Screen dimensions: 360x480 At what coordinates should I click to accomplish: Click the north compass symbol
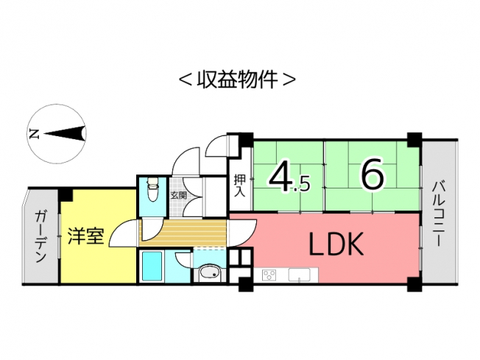pos(57,133)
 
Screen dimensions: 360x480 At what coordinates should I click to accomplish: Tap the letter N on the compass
pos(33,134)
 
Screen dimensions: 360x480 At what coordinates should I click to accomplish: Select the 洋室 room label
pos(86,236)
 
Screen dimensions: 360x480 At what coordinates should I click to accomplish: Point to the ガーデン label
pos(41,237)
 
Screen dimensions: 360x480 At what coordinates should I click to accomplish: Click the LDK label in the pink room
pos(335,244)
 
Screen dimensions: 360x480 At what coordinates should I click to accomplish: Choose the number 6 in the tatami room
pos(372,175)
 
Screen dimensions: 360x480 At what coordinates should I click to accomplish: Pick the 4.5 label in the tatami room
pos(289,177)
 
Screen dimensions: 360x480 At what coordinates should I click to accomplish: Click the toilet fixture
pos(152,191)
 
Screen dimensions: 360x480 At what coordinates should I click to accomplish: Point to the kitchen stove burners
pos(269,275)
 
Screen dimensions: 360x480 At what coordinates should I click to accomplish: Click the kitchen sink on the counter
pos(300,275)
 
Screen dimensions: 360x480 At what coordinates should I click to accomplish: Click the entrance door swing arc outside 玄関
pos(186,159)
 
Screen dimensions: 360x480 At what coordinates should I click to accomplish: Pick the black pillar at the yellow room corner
pos(66,194)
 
